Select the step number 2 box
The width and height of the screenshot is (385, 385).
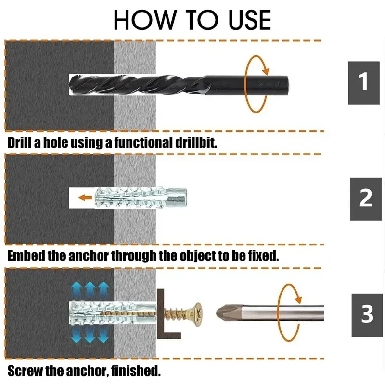coord(366,198)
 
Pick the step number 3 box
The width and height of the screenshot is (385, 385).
coord(367,314)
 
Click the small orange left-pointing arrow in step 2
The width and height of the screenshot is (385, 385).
coord(86,197)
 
